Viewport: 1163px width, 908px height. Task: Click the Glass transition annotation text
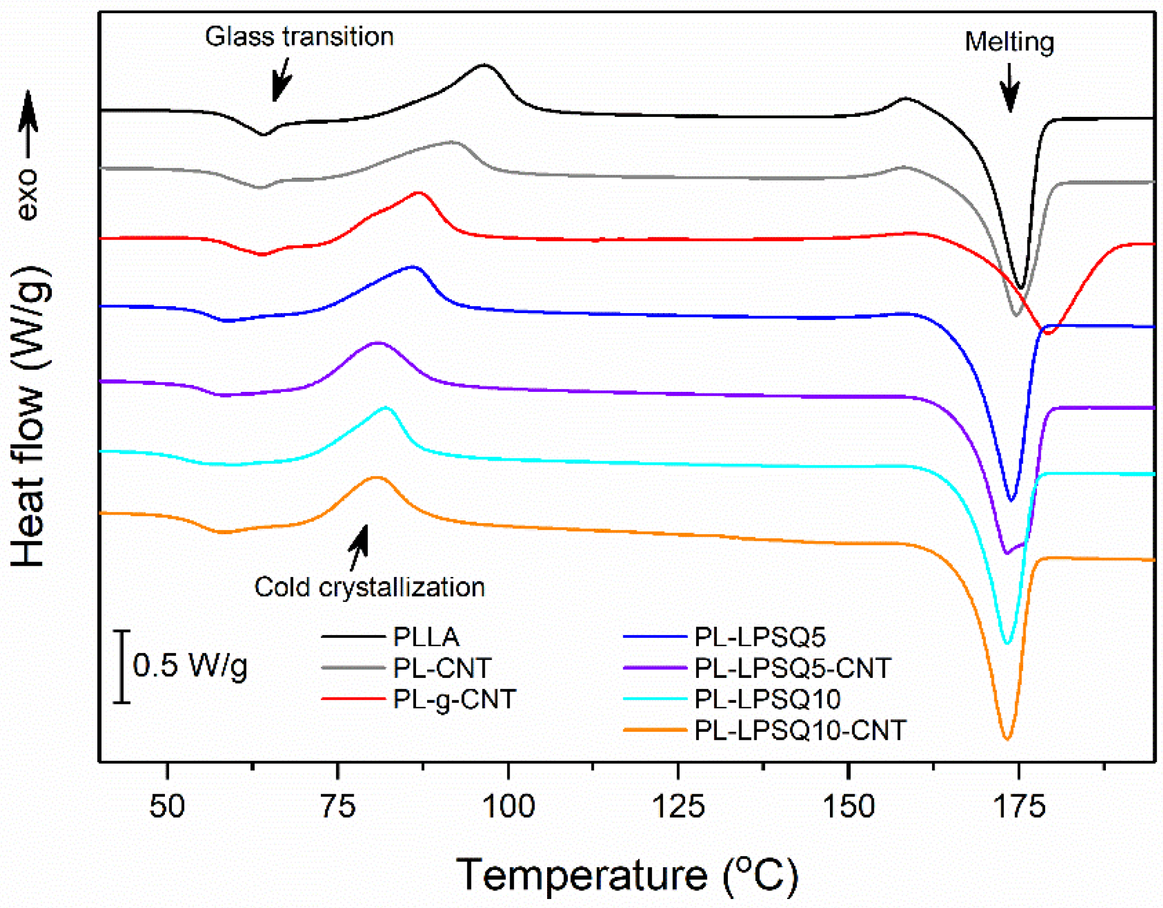[x=299, y=37]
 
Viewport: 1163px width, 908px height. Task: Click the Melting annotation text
[x=1009, y=42]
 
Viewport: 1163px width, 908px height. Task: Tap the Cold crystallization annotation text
[x=370, y=587]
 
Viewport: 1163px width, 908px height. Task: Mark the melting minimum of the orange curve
[x=1007, y=739]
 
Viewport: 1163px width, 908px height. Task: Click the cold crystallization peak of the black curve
[x=484, y=65]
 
